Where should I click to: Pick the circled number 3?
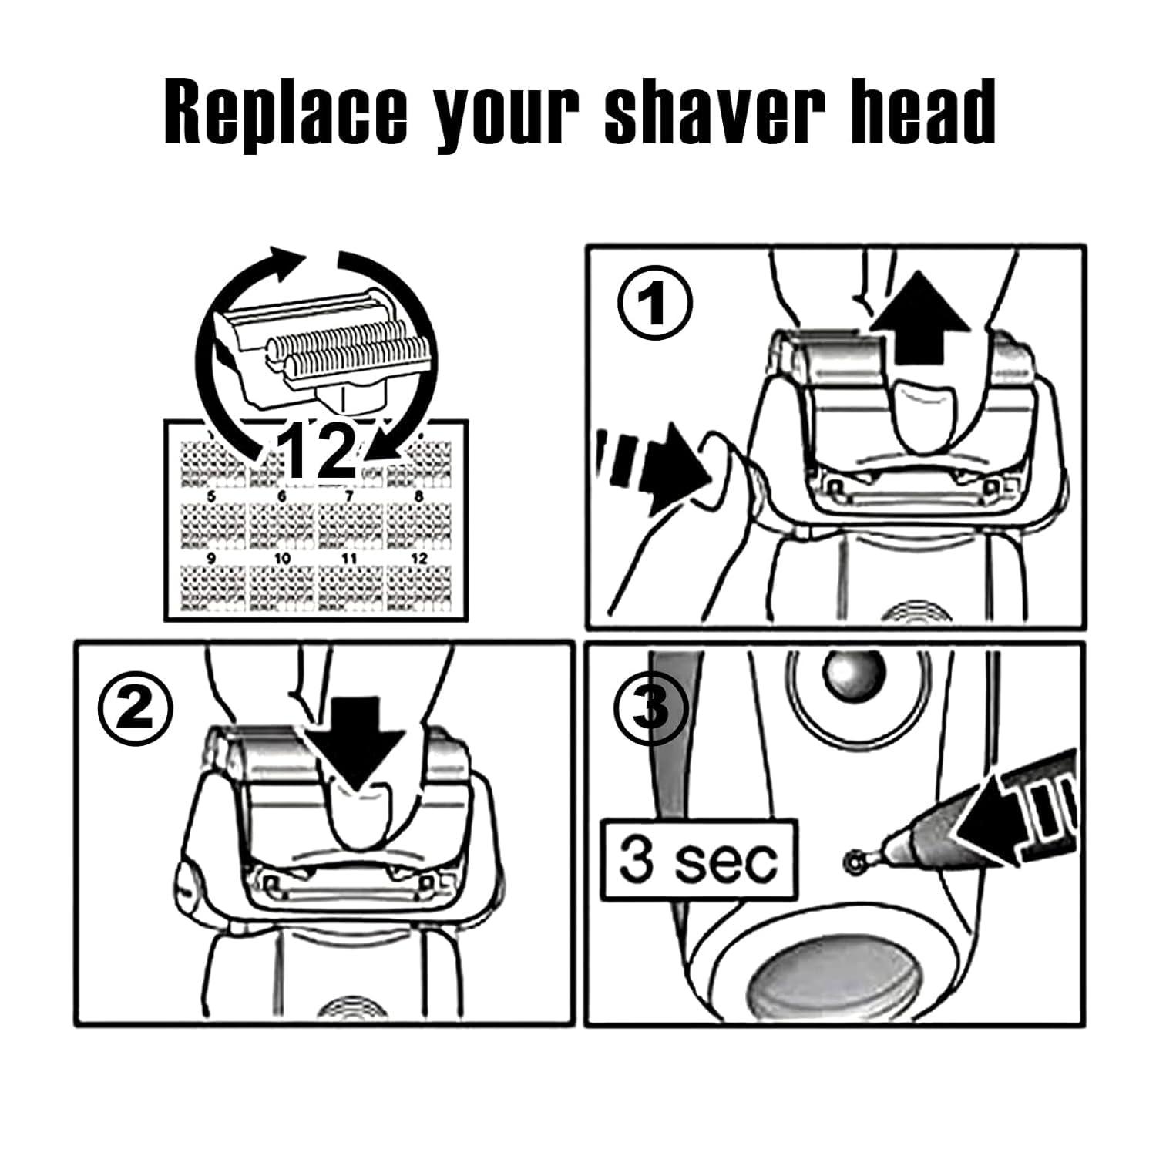[x=653, y=707]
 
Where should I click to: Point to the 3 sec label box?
[x=698, y=861]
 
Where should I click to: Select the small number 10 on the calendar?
[x=282, y=558]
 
